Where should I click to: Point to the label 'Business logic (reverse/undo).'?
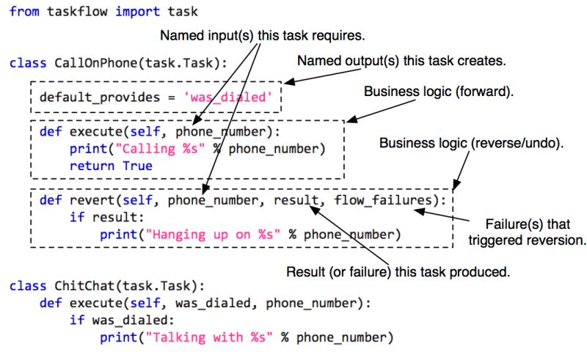[x=471, y=142]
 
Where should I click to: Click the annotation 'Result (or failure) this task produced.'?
[x=398, y=272]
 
